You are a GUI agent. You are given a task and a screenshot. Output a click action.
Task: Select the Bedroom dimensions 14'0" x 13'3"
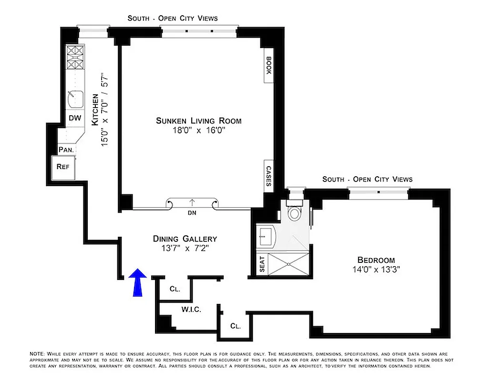click(376, 269)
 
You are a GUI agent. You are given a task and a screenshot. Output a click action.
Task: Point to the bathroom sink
click(266, 236)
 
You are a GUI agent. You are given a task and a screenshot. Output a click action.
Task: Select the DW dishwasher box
click(74, 118)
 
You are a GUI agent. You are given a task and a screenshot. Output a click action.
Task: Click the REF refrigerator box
click(63, 167)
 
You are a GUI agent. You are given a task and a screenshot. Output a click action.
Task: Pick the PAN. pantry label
click(65, 150)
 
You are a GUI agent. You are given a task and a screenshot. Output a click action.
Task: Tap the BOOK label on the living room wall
click(268, 66)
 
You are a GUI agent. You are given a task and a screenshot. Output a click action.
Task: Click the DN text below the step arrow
click(193, 213)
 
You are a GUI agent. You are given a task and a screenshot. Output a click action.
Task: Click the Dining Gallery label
click(185, 239)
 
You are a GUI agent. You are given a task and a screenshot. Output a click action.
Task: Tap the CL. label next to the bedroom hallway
click(235, 326)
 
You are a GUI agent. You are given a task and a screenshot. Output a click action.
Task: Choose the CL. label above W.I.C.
click(175, 289)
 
